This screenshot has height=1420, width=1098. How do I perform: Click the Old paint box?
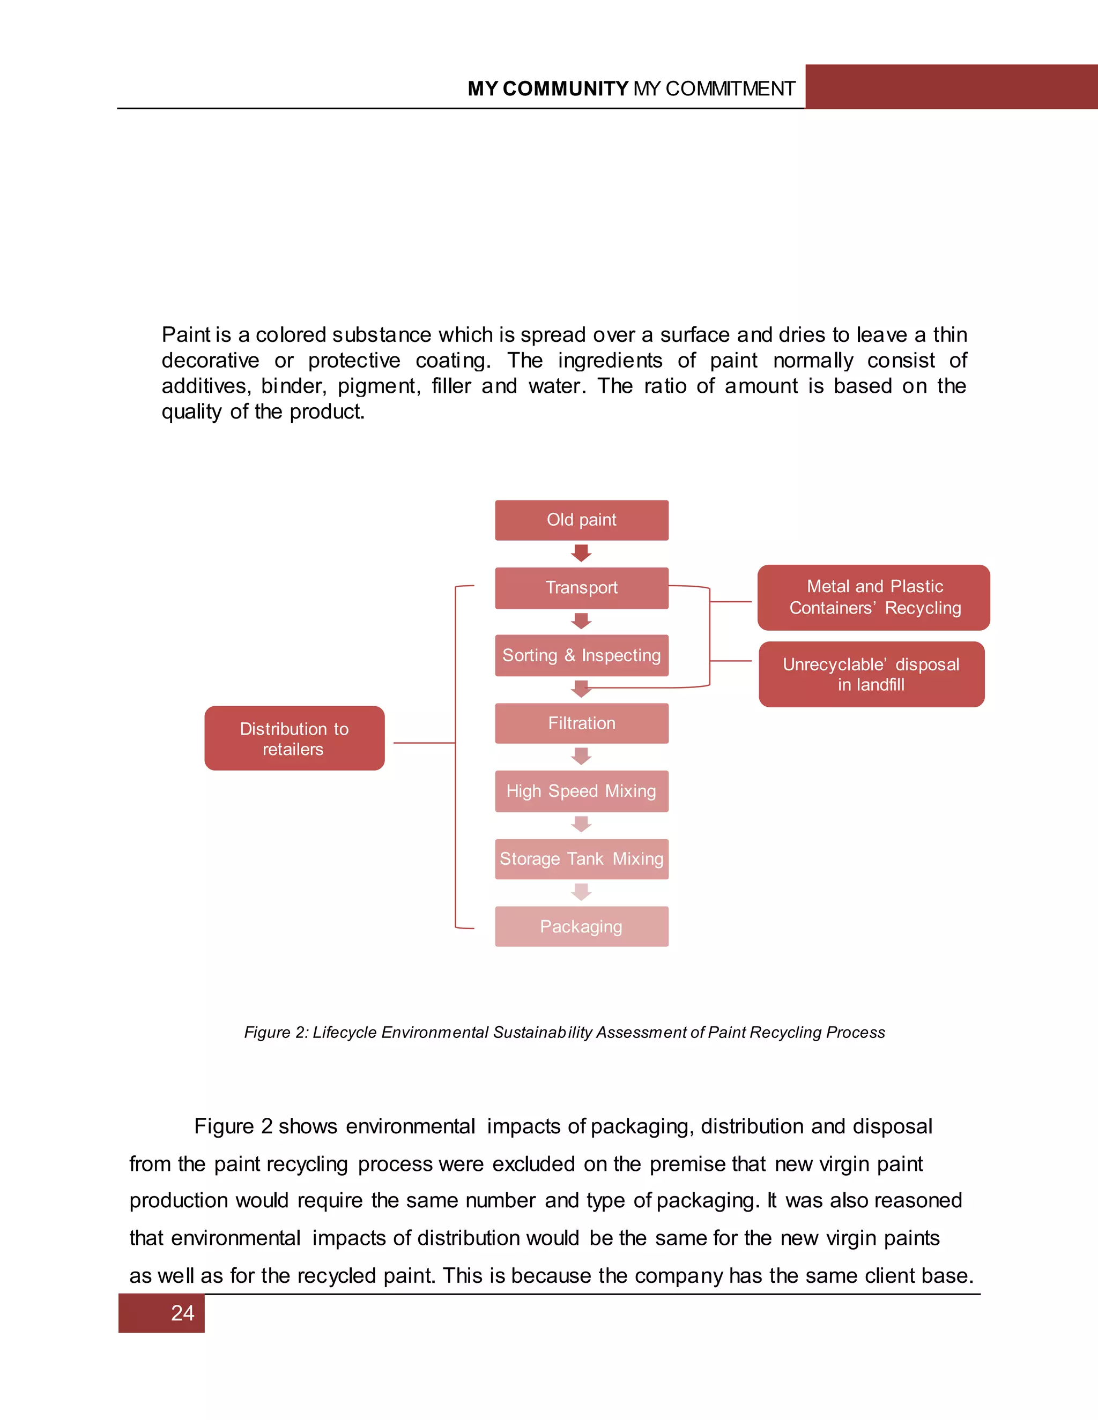[x=582, y=520]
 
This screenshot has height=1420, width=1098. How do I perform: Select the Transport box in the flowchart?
[x=582, y=588]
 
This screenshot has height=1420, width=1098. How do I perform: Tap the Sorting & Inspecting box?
[x=582, y=655]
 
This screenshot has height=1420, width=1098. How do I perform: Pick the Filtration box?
[x=582, y=723]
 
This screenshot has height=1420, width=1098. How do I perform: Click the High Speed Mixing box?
[x=582, y=791]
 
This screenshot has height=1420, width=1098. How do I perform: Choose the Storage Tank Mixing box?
[x=582, y=859]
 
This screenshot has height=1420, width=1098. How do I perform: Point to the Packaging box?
[x=582, y=926]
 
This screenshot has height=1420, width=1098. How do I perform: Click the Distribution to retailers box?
[x=294, y=738]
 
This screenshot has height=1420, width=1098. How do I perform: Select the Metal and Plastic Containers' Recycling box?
[x=873, y=597]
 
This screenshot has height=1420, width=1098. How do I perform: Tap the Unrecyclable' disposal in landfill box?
[x=871, y=674]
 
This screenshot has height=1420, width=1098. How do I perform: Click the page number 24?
[x=183, y=1313]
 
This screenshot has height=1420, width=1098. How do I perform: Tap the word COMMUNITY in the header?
[x=565, y=89]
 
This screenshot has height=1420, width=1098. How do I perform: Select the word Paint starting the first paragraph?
[x=186, y=335]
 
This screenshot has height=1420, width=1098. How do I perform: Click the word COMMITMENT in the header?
[x=730, y=89]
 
